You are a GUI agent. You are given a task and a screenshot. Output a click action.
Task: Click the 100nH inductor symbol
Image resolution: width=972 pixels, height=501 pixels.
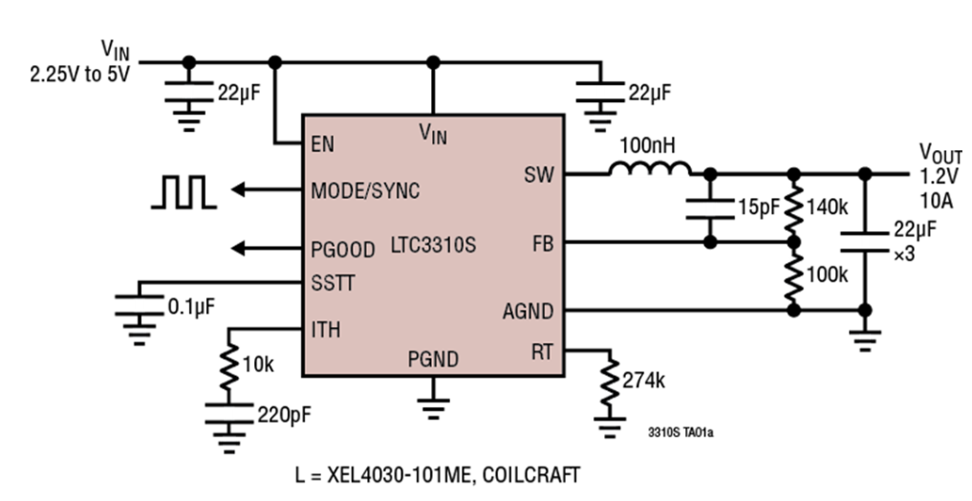click(650, 169)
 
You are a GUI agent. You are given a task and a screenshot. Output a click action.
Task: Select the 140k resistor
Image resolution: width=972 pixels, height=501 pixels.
click(792, 208)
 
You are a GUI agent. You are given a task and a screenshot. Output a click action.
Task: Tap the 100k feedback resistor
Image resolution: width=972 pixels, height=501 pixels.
click(792, 277)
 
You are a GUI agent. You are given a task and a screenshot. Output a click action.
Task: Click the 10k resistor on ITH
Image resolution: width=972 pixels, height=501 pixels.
click(229, 366)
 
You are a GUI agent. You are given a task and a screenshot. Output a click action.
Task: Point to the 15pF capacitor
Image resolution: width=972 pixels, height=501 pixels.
click(709, 207)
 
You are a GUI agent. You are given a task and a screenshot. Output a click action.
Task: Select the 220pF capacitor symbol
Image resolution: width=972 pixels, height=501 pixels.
click(229, 412)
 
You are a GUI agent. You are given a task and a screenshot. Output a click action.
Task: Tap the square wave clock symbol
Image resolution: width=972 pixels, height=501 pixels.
click(183, 191)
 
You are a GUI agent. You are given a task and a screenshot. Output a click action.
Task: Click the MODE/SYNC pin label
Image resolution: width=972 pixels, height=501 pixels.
click(364, 191)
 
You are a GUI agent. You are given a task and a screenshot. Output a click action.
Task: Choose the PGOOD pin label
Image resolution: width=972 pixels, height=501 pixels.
click(343, 250)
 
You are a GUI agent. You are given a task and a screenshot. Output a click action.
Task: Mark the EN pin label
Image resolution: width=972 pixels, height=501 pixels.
click(322, 145)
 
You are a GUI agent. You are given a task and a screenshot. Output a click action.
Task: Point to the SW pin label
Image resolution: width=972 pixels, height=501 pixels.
click(537, 175)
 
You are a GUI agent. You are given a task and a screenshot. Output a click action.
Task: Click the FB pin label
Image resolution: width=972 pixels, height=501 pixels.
click(542, 244)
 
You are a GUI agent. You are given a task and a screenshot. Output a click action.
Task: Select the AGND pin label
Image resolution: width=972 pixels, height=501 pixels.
click(528, 312)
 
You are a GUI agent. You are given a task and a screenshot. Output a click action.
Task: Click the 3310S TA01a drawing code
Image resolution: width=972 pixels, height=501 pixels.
click(680, 433)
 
